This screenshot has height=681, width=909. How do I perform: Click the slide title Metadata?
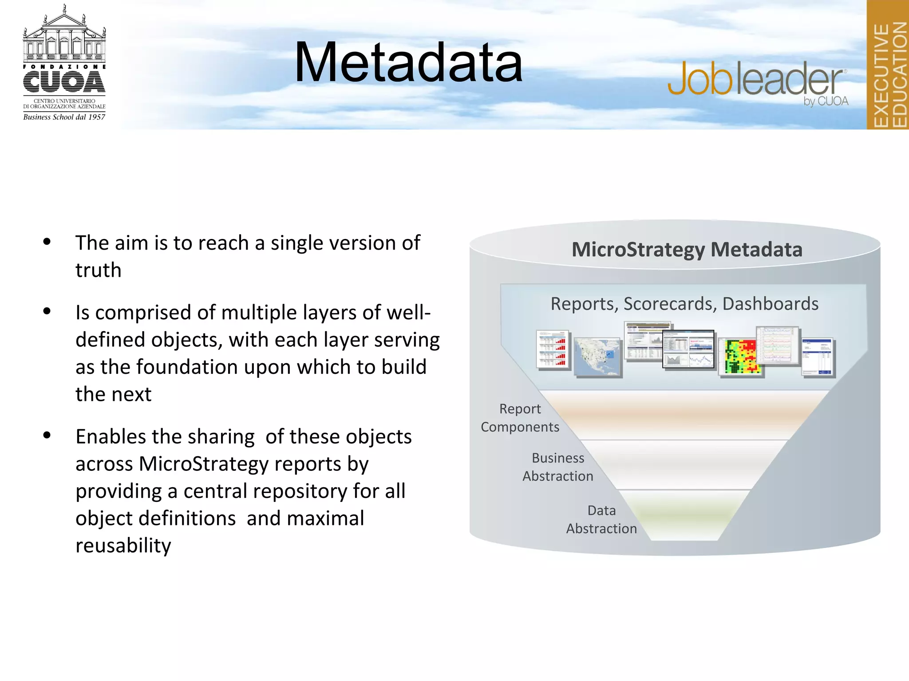click(x=408, y=63)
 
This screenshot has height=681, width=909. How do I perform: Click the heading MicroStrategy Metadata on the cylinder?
click(x=687, y=250)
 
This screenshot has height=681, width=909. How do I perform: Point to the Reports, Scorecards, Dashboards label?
click(x=684, y=304)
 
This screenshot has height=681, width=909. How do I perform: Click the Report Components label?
click(x=520, y=418)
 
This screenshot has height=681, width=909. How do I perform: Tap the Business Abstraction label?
click(x=557, y=467)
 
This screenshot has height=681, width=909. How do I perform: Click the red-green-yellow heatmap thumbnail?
click(x=740, y=356)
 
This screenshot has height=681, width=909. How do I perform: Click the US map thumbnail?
click(x=597, y=356)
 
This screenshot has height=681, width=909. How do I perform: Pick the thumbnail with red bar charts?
click(x=552, y=349)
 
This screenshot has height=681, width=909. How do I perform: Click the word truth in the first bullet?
click(x=98, y=270)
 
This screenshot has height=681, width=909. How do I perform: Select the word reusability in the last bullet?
click(x=123, y=546)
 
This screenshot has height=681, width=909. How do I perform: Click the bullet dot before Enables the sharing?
click(x=47, y=435)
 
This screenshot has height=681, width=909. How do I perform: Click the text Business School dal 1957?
click(x=64, y=117)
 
